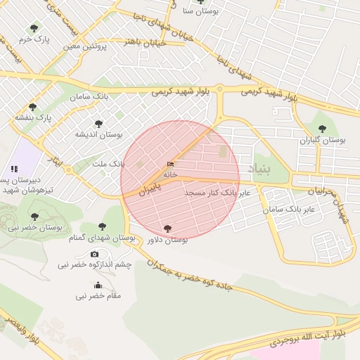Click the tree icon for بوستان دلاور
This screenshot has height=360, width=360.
[167, 229]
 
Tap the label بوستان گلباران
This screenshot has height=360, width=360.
[323, 141]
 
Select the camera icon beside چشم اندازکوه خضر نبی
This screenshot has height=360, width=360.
[95, 254]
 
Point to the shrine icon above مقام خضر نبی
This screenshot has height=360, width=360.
[98, 285]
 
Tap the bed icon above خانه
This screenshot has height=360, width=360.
[170, 165]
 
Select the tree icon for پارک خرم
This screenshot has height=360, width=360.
[34, 28]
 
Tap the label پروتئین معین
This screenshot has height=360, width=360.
[84, 46]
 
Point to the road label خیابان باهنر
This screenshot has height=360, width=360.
[144, 42]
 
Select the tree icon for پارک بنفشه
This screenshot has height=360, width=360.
[33, 107]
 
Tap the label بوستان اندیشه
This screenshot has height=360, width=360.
[99, 134]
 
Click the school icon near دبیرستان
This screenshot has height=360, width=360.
[14, 169]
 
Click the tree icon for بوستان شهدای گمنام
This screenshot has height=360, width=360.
[102, 226]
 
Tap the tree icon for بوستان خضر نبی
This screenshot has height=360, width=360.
[34, 217]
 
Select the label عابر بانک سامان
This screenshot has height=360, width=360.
[292, 209]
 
